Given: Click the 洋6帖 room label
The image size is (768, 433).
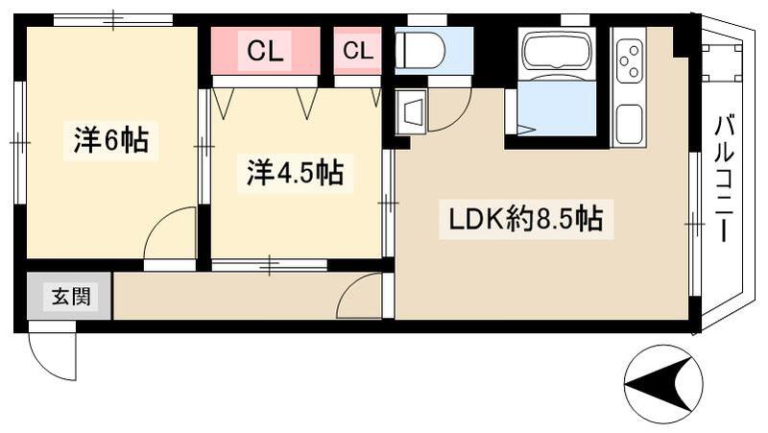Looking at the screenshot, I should (109, 140).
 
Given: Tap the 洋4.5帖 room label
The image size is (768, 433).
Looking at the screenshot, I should (295, 173).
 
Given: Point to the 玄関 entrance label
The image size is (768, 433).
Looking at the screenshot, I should (70, 297).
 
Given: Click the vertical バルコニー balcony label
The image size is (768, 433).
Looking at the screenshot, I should (726, 178).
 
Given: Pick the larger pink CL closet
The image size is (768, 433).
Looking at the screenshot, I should (265, 52).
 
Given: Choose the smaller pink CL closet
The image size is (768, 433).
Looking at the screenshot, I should (357, 52).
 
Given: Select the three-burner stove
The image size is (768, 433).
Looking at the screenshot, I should (629, 60).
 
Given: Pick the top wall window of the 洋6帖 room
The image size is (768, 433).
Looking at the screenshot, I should (113, 19).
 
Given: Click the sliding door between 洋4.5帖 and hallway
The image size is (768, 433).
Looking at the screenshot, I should (270, 264).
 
